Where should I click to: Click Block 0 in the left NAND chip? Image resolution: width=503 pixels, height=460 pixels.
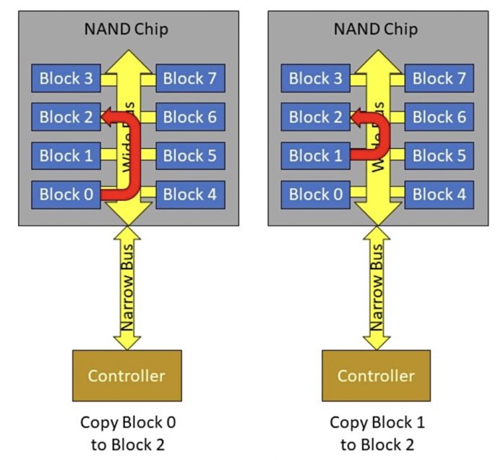(x=65, y=194)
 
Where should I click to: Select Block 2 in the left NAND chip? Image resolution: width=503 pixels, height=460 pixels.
(x=65, y=116)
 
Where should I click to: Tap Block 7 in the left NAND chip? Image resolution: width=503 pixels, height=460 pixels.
(x=190, y=78)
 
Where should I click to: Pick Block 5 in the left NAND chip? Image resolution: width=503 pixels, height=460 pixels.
(x=190, y=156)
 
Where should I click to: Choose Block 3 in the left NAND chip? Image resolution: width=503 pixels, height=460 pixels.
(x=65, y=78)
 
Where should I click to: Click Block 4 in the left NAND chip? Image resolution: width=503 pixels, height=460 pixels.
(x=190, y=194)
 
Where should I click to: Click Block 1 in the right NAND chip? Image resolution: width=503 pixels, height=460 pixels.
(x=315, y=156)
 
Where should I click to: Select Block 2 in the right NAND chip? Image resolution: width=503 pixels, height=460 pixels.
(x=315, y=116)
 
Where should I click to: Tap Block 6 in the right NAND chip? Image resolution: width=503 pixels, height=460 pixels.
(x=439, y=116)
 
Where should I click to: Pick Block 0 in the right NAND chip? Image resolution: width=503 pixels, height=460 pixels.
(x=315, y=194)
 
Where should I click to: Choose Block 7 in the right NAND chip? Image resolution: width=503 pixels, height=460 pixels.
(x=439, y=78)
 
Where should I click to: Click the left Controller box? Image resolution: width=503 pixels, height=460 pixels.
(x=126, y=375)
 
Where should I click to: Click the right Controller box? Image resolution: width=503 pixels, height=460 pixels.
(x=376, y=375)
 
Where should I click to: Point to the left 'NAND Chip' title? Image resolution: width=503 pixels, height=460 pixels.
(x=127, y=30)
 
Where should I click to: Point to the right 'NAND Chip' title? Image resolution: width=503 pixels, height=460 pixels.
(x=377, y=30)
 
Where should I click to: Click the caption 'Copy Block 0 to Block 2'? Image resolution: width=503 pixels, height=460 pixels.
(x=127, y=432)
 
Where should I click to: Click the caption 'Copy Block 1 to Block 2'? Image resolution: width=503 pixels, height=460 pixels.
(x=377, y=432)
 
